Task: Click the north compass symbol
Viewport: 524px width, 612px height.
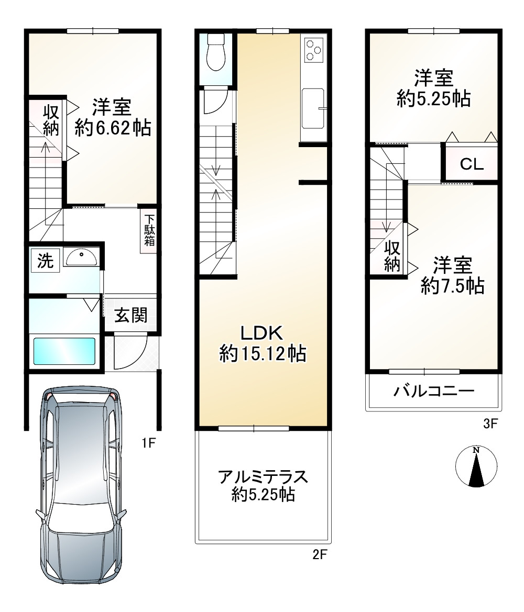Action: pos(476,467)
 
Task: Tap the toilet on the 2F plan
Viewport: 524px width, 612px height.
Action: pos(215,53)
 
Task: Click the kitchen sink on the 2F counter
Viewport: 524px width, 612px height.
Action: pos(313,108)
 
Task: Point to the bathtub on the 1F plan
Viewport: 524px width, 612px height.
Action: pos(64,351)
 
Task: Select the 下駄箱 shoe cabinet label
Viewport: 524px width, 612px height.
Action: pos(149,231)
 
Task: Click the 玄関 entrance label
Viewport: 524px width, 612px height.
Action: pos(131,315)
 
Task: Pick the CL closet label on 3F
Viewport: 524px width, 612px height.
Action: pos(472,164)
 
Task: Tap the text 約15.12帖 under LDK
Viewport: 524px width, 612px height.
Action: pos(263,354)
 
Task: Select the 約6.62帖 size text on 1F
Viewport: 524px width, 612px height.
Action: pos(113,127)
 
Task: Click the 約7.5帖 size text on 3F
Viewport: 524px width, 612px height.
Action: pos(452,286)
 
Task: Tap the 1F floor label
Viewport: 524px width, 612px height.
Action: pos(149,444)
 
